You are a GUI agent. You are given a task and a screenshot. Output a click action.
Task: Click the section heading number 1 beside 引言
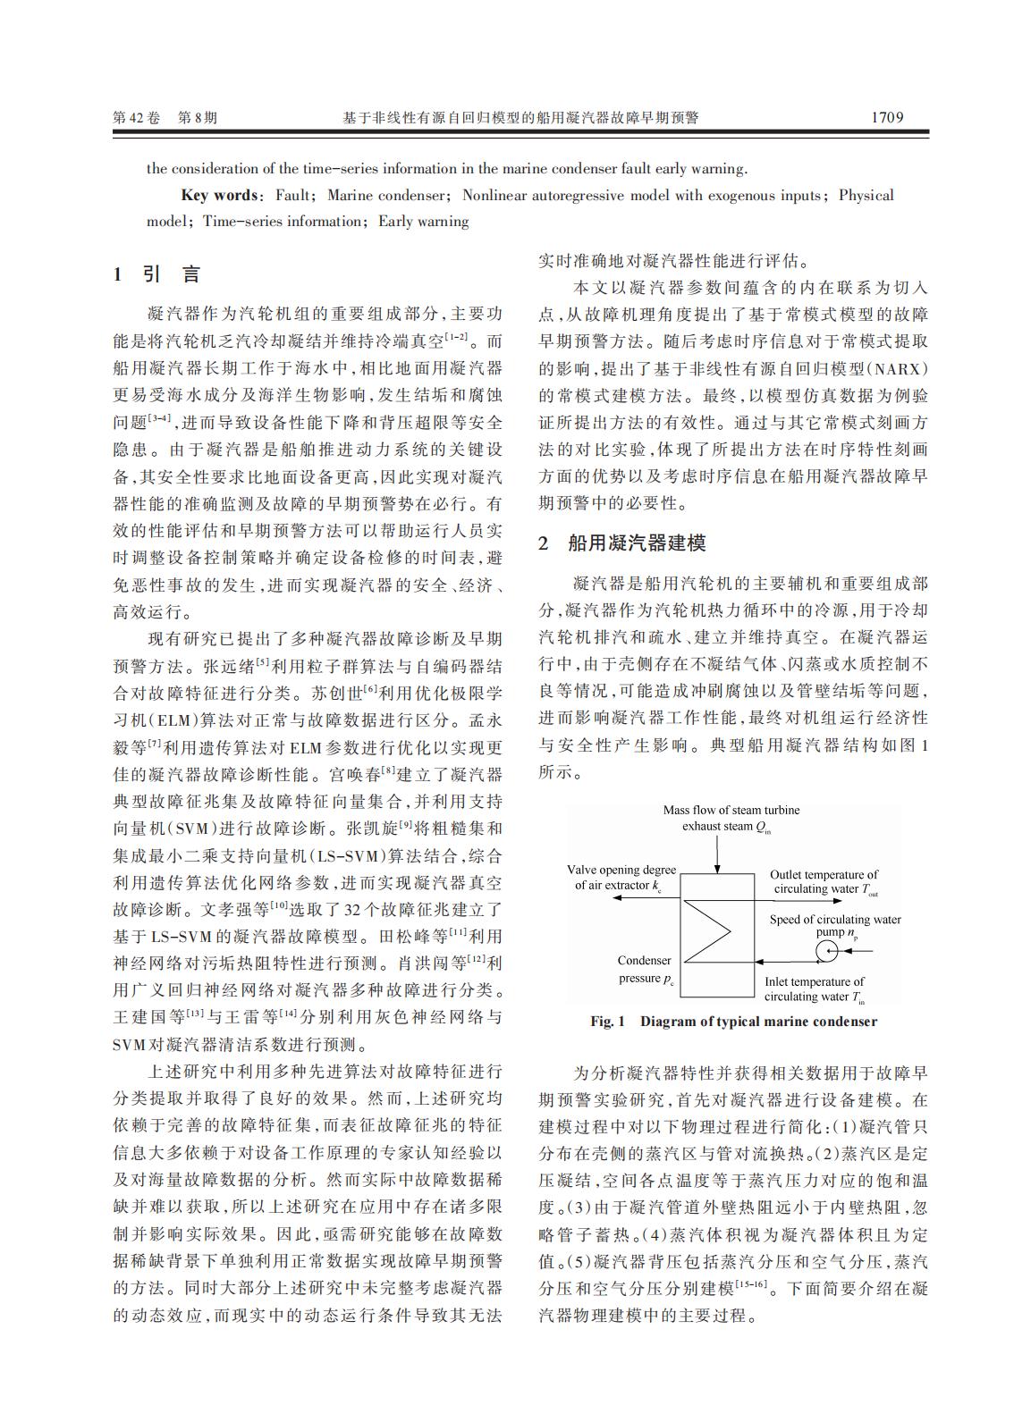(x=117, y=275)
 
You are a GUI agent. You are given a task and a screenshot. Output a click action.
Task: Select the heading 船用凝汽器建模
(x=636, y=543)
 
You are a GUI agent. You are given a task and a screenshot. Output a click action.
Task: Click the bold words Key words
(x=219, y=196)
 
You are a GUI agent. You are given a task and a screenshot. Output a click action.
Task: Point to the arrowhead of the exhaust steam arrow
(x=717, y=866)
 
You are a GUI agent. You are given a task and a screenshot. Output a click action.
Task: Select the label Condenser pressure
(x=644, y=969)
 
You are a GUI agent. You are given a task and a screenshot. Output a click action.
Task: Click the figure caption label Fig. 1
(x=607, y=1022)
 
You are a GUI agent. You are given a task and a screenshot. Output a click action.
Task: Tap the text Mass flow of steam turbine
(x=731, y=811)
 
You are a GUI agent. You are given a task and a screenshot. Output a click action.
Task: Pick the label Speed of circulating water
(x=835, y=919)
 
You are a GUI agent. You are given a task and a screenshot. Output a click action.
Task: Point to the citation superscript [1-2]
(x=457, y=337)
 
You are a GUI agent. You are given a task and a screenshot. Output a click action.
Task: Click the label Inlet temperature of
(x=814, y=981)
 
